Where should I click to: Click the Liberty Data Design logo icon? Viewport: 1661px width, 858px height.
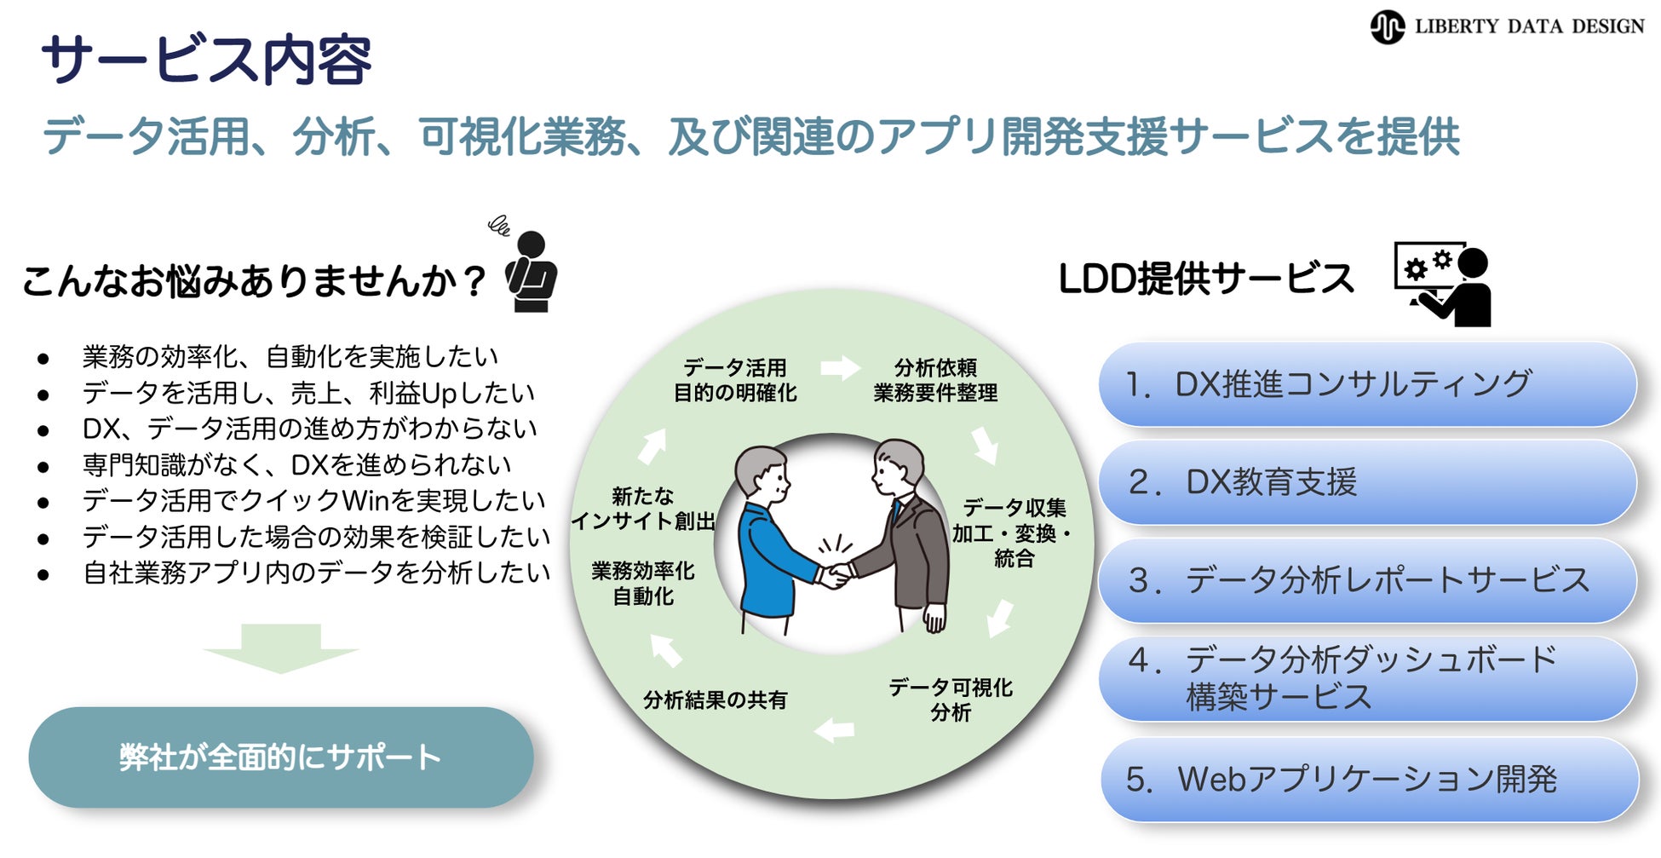pos(1387,27)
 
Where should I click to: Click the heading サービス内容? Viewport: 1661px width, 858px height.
pos(206,60)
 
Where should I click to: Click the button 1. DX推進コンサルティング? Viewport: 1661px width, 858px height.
pos(1367,385)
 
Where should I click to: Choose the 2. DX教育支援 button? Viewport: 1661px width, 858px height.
pos(1367,483)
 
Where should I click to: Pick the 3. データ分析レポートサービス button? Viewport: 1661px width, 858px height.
pos(1367,581)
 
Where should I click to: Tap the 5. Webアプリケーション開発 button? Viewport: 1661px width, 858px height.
pos(1369,780)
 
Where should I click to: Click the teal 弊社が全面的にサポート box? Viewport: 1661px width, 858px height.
pos(280,757)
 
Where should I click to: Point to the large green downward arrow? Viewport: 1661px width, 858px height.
pos(280,648)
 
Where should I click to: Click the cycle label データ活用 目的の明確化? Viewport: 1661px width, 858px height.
pos(735,380)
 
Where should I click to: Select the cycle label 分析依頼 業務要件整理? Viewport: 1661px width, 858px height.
pos(935,380)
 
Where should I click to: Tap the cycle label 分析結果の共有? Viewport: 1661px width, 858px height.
pos(715,700)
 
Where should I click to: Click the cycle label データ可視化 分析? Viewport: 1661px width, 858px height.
pos(951,700)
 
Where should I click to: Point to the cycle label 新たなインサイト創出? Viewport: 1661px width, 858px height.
pos(643,509)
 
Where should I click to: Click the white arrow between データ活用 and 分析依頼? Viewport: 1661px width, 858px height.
pos(840,368)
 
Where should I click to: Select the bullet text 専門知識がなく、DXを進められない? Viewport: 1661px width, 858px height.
pos(296,465)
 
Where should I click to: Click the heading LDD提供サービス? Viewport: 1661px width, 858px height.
pos(1205,279)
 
